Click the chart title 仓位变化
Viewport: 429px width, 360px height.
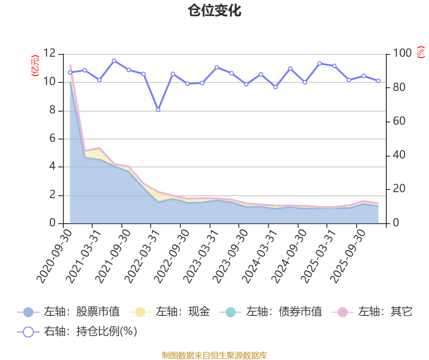coord(214,11)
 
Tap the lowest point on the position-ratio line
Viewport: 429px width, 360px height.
coord(158,110)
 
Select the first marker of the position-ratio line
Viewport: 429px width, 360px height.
coord(70,72)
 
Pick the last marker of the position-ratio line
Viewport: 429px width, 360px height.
coord(378,81)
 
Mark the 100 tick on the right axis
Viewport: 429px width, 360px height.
coord(403,54)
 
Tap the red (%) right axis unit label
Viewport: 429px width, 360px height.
coord(420,52)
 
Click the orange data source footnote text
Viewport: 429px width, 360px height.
coord(214,355)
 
